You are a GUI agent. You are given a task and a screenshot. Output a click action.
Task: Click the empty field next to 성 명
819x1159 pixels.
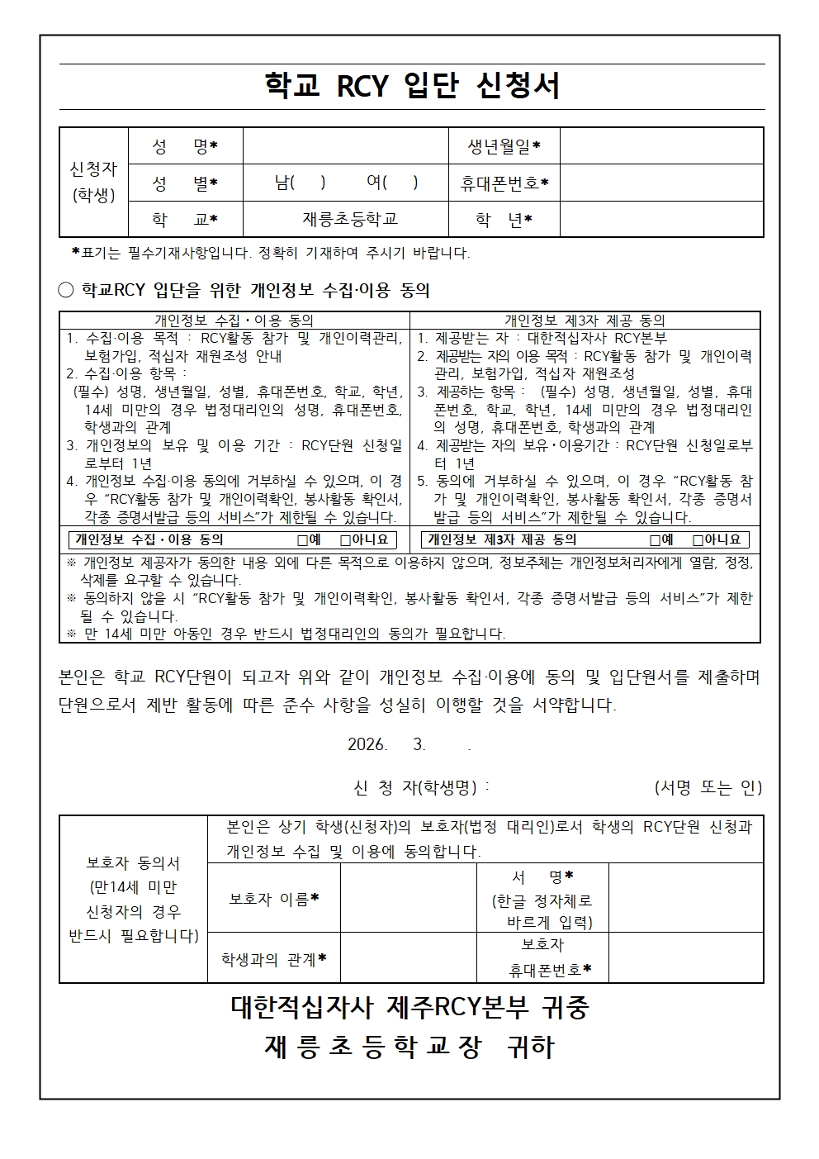click(345, 146)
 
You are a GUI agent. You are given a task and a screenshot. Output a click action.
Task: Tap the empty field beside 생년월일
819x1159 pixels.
click(661, 146)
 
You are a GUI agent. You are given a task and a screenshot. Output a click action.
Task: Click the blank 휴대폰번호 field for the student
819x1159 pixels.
click(661, 183)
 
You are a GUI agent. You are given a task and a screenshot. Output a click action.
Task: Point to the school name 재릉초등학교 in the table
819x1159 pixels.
click(350, 219)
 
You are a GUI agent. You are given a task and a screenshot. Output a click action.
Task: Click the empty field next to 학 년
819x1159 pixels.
click(661, 219)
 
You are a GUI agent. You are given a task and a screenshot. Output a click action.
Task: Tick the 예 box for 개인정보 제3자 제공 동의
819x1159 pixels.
click(655, 540)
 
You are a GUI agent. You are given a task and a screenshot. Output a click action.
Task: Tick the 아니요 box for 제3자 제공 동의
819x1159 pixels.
click(698, 540)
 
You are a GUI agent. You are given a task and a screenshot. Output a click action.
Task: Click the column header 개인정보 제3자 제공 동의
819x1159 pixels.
click(585, 321)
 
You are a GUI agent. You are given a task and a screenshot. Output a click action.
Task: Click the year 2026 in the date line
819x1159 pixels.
click(367, 744)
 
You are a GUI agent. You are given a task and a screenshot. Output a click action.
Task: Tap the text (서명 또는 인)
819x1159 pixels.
click(708, 788)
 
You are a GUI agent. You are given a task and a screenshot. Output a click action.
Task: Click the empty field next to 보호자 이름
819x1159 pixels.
click(408, 899)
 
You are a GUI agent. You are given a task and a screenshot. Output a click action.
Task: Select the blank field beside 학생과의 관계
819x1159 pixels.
click(408, 958)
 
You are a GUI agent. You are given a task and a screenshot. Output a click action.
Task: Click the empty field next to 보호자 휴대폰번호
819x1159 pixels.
click(685, 958)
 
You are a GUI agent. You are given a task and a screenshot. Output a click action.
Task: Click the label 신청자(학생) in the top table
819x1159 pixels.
click(94, 182)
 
